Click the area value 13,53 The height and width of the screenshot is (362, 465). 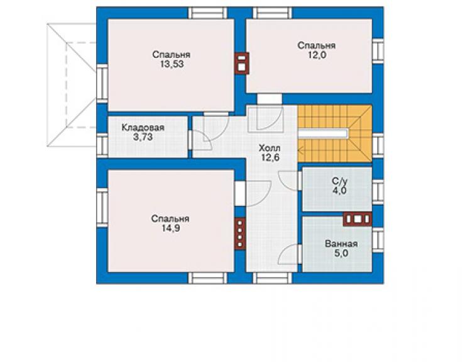[x=172, y=64]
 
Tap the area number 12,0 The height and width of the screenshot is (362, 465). [x=317, y=55]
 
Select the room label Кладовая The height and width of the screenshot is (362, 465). [x=143, y=128]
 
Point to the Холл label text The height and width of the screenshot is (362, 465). [x=270, y=148]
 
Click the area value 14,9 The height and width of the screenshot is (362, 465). [x=171, y=229]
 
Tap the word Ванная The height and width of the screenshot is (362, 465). [x=341, y=244]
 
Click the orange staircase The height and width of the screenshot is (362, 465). [x=335, y=133]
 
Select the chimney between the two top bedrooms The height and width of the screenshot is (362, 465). [x=242, y=64]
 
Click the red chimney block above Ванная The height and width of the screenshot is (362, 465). [x=358, y=219]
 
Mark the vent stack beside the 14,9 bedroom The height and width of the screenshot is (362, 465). [x=240, y=234]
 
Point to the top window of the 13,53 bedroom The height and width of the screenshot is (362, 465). [x=207, y=13]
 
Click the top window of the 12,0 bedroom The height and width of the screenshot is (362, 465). [x=272, y=13]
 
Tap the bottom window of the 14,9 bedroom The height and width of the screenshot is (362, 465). [x=207, y=278]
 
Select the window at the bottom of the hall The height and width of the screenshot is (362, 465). [x=272, y=278]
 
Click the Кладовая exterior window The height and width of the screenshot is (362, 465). [x=102, y=144]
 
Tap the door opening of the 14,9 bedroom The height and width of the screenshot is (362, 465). [x=240, y=193]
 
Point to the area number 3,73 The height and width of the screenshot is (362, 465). [x=143, y=137]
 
